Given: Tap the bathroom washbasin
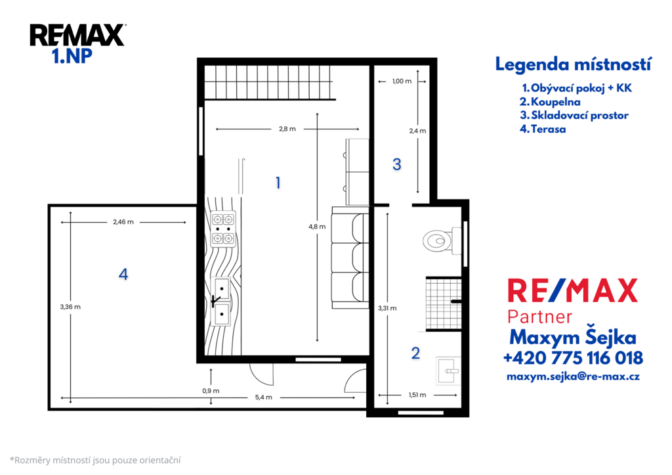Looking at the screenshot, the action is tap(448, 371).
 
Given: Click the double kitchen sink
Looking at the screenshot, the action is tap(222, 302).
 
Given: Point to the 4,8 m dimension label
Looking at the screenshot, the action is tap(317, 227).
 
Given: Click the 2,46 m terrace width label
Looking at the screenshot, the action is tap(123, 222).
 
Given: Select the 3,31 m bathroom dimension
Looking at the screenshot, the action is tap(387, 308).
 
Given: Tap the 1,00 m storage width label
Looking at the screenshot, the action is tap(402, 81).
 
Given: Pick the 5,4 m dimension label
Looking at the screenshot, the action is tap(264, 397).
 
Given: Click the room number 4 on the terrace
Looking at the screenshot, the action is tap(123, 274).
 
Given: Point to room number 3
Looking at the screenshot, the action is tap(397, 164).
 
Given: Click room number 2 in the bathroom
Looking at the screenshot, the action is tap(415, 353).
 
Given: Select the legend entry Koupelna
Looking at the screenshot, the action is tap(551, 102).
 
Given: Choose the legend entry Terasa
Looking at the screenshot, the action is tap(543, 129).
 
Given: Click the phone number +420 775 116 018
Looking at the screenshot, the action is tap(573, 357).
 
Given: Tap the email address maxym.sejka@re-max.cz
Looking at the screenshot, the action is tap(573, 376).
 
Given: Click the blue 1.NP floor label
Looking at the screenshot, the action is tap(72, 57).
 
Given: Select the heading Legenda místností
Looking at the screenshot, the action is tap(574, 64).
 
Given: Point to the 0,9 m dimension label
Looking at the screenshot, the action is tap(211, 391).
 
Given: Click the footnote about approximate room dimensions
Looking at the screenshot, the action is tap(95, 461).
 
